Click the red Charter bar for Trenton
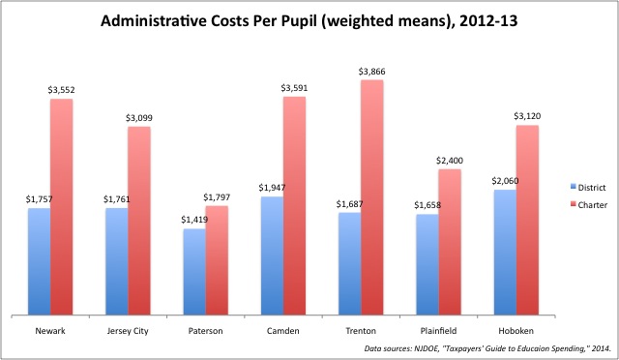371,197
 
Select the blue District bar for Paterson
194,272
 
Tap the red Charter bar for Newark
62,207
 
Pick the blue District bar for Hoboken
505,253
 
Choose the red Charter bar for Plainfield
450,242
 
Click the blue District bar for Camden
272,255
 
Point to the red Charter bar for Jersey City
139,221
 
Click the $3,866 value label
371,72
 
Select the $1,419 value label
194,220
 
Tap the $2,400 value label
450,161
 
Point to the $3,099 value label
139,118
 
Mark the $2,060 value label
505,181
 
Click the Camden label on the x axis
283,331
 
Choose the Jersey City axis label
128,331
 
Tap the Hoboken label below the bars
516,331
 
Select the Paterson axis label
205,331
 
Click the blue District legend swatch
574,187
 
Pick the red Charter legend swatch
574,204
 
